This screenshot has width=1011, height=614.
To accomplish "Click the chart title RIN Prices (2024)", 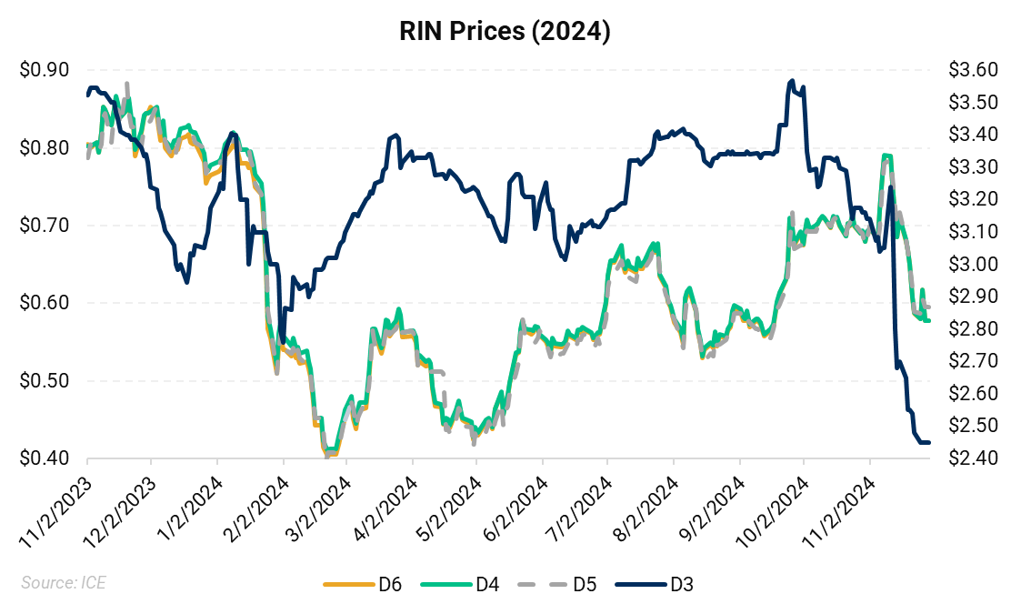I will click(x=505, y=32).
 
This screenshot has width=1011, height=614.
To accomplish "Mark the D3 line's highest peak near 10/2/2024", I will click(x=792, y=81).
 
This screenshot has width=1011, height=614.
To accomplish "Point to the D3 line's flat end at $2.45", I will click(x=924, y=442).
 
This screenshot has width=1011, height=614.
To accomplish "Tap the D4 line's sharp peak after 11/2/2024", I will click(x=886, y=156).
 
